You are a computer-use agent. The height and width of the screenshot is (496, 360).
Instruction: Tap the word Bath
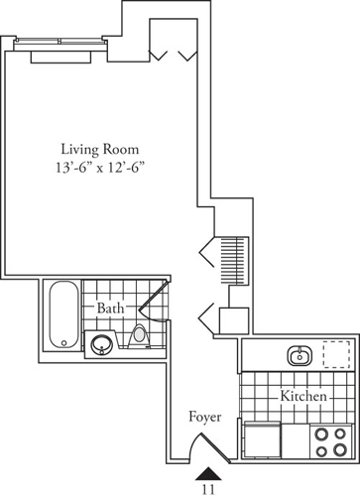(x=110, y=310)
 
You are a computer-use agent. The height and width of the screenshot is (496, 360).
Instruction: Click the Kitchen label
(x=303, y=396)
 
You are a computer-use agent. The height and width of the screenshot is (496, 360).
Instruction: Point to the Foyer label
(x=204, y=418)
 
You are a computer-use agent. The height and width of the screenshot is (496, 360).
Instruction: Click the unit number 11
(x=209, y=488)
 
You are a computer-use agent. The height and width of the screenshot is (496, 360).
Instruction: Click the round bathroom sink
(x=100, y=345)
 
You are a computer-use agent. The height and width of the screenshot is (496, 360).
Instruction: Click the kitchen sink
(x=298, y=354)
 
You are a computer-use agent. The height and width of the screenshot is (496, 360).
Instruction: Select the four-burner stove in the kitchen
(x=329, y=439)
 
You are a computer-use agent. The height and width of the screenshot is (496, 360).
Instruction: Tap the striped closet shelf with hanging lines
(x=232, y=259)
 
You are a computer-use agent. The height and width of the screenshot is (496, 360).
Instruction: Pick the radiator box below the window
(x=61, y=56)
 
